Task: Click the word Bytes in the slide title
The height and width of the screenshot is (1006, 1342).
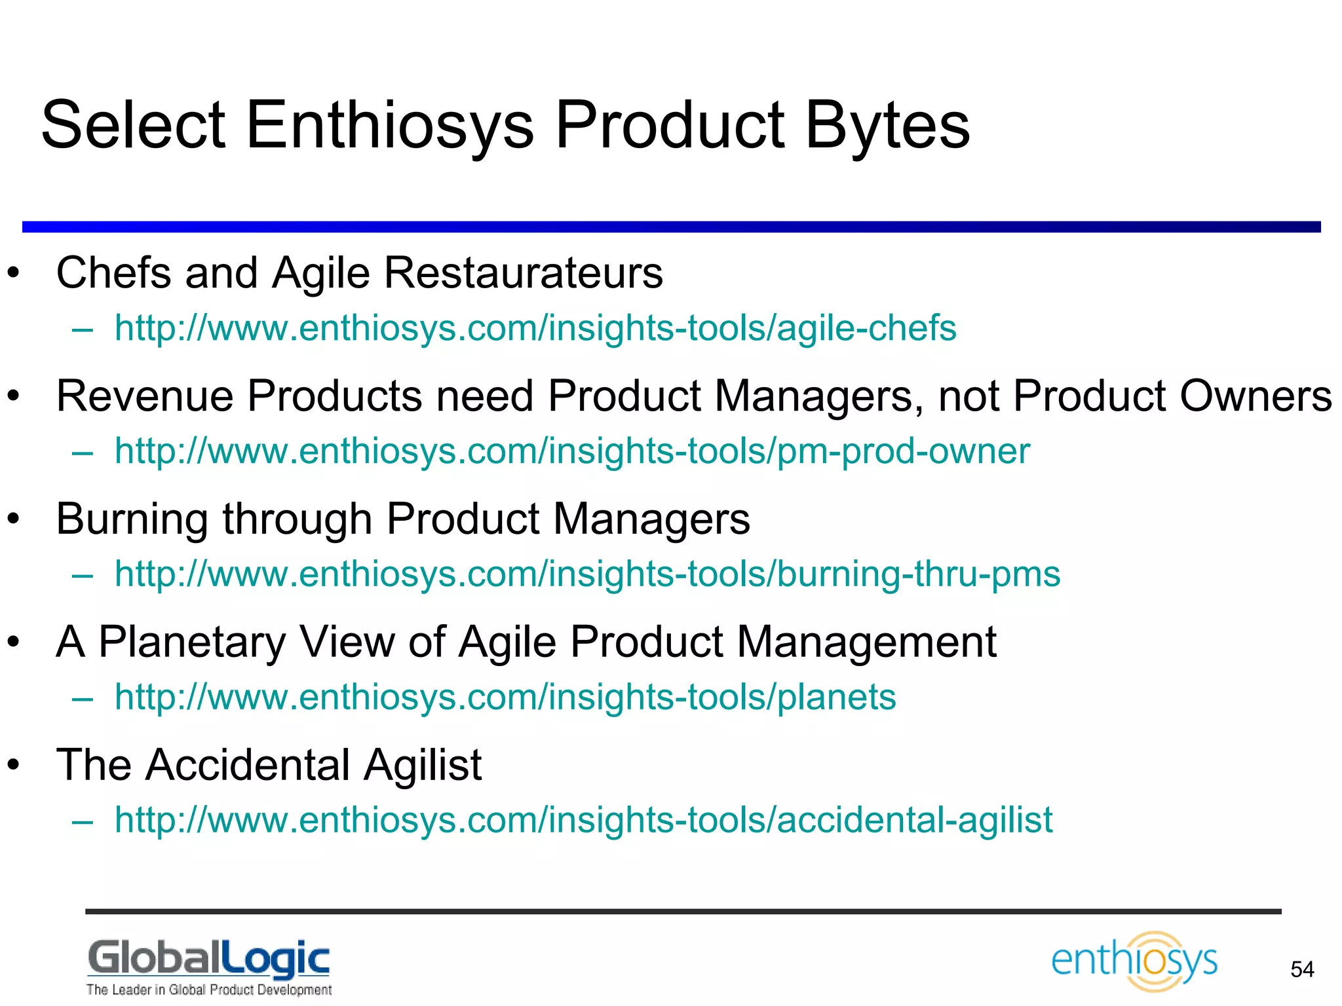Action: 887,126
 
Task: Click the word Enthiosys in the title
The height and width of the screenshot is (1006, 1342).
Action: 390,126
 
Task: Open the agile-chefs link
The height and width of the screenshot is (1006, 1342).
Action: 535,327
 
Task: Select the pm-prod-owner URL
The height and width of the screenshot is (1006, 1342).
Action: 572,451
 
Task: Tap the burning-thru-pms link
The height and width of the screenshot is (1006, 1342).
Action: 587,574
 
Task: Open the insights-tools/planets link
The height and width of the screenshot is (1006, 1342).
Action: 505,696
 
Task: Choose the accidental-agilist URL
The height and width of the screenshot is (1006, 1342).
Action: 583,819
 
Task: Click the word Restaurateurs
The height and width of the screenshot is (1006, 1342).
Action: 523,272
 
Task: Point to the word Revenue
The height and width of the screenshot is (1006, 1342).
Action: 145,396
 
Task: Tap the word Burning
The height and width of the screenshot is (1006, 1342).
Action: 132,519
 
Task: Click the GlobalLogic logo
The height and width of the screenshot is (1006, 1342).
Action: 209,958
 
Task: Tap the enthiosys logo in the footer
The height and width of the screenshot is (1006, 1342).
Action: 1134,961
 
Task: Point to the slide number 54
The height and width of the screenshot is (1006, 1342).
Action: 1302,969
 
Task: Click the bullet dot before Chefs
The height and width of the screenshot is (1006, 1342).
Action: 14,274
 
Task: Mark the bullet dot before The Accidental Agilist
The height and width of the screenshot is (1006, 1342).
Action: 14,766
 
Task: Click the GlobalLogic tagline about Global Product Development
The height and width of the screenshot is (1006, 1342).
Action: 209,990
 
